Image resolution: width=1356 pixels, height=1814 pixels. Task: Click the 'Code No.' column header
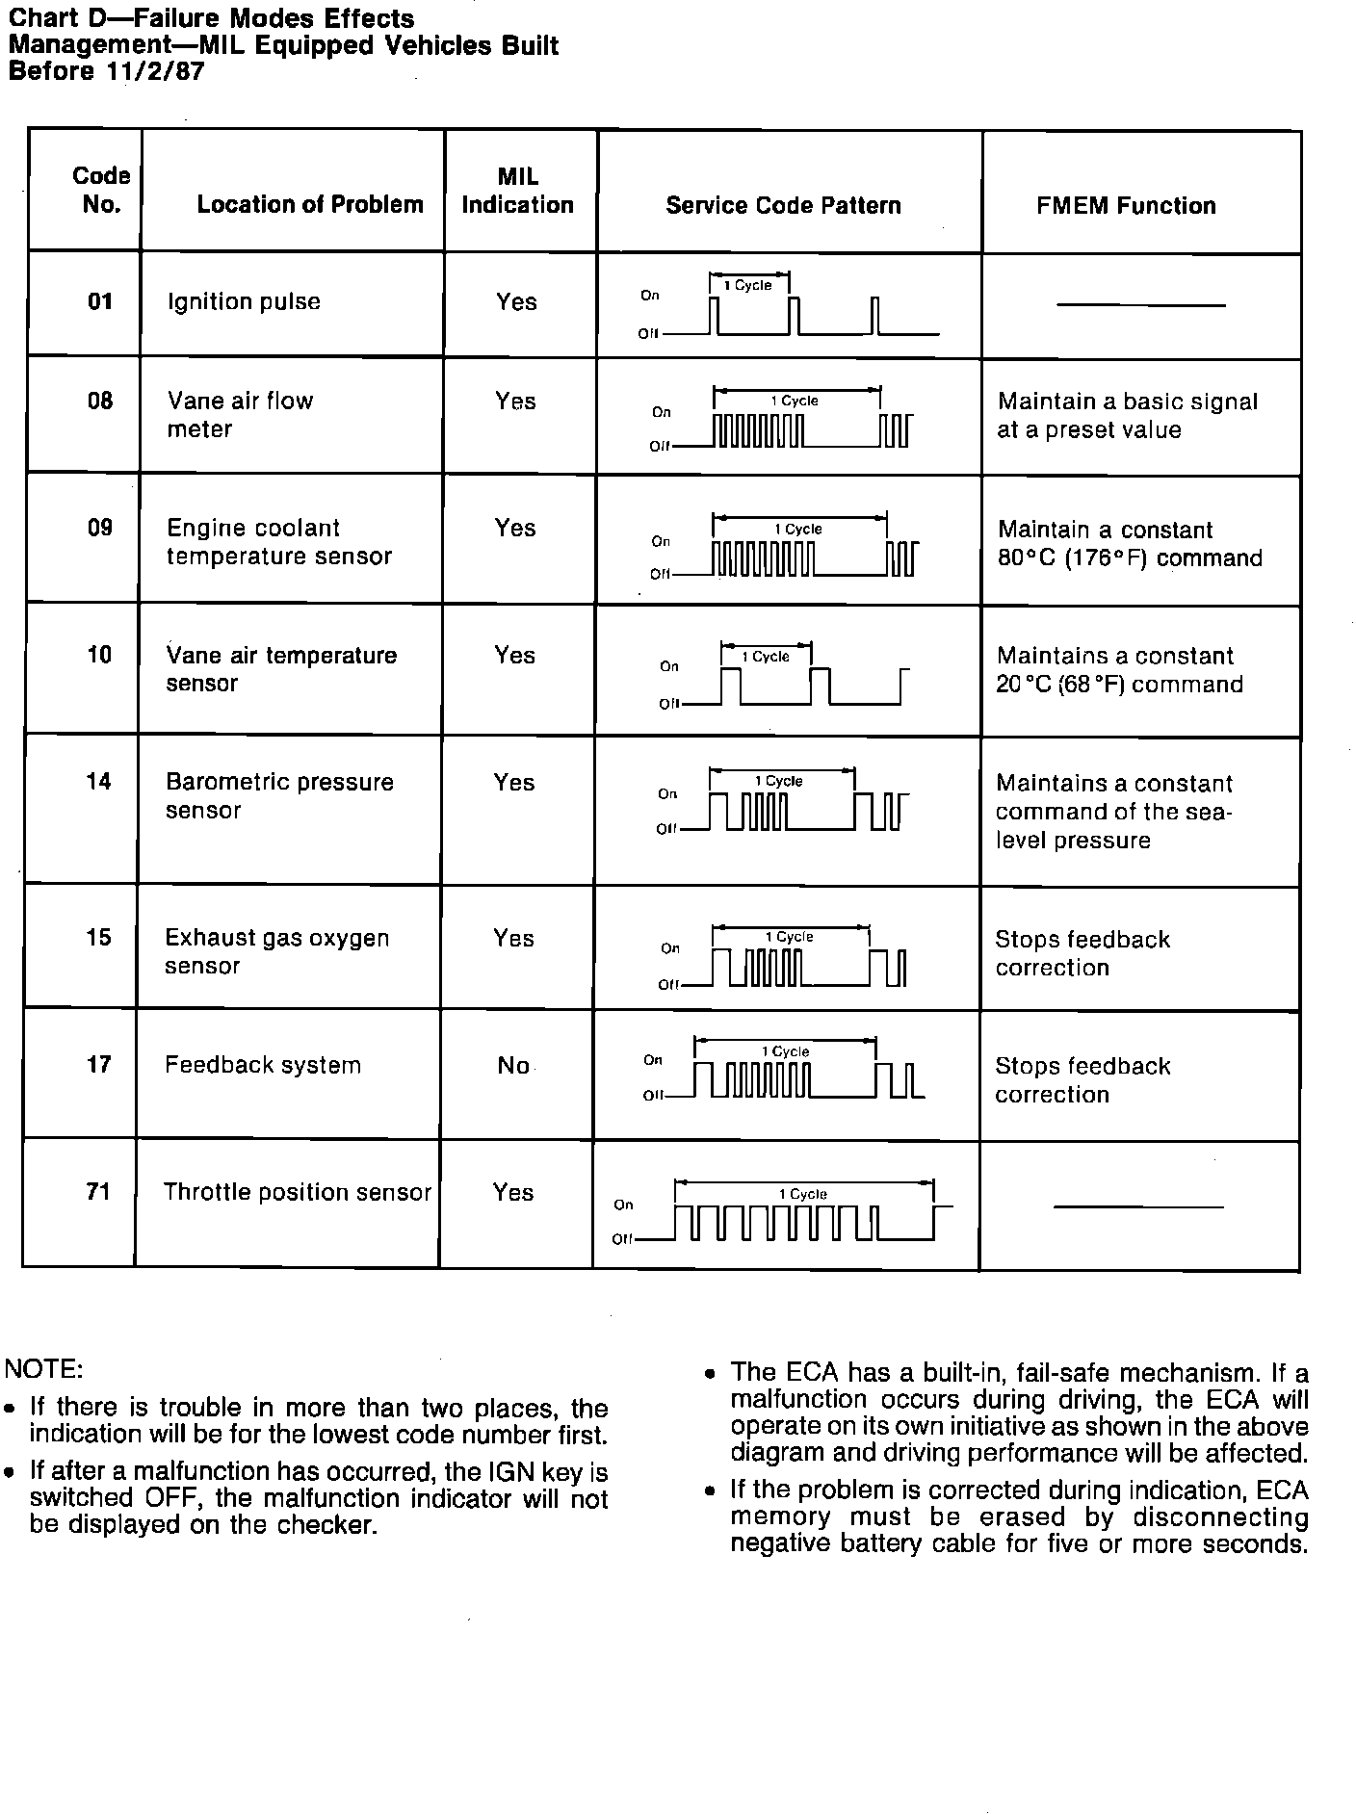[x=100, y=190]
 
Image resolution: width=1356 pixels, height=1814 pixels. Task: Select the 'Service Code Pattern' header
[x=783, y=205]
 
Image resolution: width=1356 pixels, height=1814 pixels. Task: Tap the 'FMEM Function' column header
[x=1126, y=205]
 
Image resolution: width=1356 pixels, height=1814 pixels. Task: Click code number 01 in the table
[x=100, y=302]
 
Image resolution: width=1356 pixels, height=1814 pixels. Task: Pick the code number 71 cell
[x=98, y=1192]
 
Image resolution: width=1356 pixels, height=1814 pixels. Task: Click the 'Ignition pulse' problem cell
[x=244, y=302]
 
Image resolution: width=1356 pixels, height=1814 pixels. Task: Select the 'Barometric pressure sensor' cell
[x=279, y=796]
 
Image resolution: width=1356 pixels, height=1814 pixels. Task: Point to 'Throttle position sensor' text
[x=297, y=1192]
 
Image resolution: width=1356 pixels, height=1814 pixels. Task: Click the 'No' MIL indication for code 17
[x=513, y=1066]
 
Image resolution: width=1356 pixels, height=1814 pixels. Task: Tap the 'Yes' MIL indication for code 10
[x=514, y=656]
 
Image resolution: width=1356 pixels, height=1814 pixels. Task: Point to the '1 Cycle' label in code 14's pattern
[x=779, y=781]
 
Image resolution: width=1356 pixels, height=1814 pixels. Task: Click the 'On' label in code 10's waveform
[x=669, y=666]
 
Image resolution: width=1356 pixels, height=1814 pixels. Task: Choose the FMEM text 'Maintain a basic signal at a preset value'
[x=1127, y=416]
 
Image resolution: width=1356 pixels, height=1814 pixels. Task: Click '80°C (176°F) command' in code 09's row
[x=1130, y=558]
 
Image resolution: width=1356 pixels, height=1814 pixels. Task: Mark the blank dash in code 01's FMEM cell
[x=1140, y=305]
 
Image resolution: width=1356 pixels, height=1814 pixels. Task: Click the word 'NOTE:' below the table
[x=44, y=1369]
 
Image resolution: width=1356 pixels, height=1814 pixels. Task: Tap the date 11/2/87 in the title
[x=150, y=71]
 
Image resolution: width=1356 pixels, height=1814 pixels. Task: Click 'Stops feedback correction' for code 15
[x=1082, y=953]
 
